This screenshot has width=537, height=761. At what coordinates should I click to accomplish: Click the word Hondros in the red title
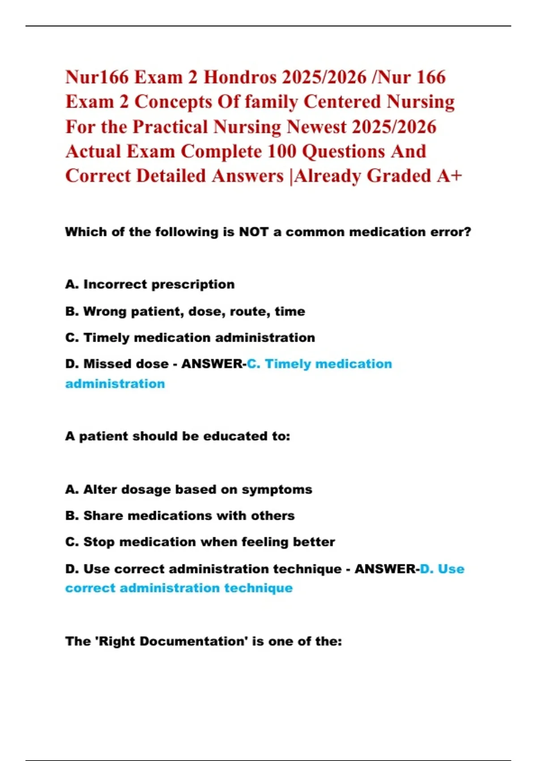pos(240,77)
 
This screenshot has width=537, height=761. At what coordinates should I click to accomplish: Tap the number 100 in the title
pos(281,151)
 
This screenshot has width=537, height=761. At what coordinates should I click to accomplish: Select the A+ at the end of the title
pos(449,176)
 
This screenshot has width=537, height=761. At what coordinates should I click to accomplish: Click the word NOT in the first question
pos(253,232)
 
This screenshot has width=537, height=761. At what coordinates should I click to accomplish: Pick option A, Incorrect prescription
pos(150,284)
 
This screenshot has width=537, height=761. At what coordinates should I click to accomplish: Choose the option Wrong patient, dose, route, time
pos(185,311)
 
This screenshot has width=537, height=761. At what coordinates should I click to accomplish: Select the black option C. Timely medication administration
pos(190,338)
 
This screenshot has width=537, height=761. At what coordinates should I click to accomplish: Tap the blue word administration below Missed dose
pos(115,384)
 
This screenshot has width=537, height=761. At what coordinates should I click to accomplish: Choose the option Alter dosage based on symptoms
pos(188,489)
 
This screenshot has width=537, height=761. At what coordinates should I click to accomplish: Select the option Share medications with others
pos(180,516)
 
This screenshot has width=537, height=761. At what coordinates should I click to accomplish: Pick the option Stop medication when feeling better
pos(200,542)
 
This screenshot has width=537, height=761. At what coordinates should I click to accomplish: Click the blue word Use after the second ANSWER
pos(451,569)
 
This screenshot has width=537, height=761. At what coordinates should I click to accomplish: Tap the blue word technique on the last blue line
pos(258,588)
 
